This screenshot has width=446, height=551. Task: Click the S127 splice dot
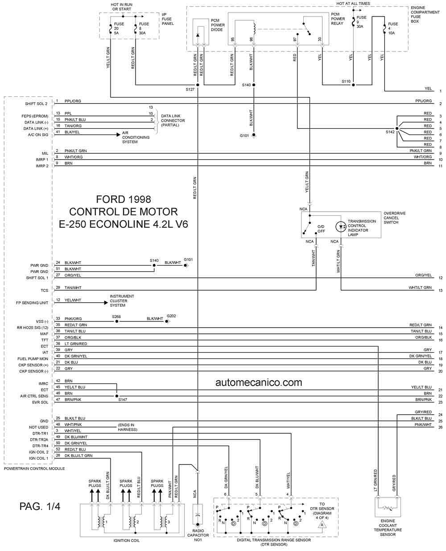198,85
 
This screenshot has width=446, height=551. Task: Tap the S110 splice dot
353,85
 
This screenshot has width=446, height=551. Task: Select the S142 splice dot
397,128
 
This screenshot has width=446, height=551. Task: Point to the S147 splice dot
117,396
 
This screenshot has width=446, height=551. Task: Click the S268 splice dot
117,321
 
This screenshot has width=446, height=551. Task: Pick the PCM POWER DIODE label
218,25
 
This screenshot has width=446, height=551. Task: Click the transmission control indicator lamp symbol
341,227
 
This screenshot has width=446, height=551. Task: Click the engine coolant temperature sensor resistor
388,508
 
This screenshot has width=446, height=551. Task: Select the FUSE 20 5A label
119,29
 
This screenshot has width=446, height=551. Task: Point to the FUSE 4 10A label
393,29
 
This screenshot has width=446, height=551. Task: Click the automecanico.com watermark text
259,382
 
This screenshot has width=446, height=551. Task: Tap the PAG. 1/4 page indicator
40,506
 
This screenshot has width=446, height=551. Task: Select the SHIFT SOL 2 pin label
36,104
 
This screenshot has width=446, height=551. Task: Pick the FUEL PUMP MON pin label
33,359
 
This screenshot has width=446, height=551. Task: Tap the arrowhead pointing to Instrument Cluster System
106,303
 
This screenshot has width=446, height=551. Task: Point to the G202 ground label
171,316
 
